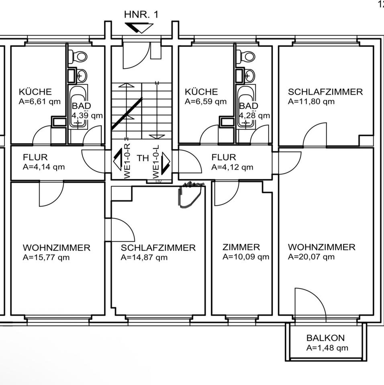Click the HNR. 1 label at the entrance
pos(141,15)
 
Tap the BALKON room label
pos(325,338)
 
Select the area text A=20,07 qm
pos(311,257)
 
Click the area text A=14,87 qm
pos(144,257)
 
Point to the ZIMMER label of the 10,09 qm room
pos(241,247)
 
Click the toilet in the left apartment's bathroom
pos(79,57)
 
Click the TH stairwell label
pos(143,158)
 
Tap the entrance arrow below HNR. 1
pos(139,28)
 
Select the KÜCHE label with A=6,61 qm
pos(35,92)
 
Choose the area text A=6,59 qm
pos(205,101)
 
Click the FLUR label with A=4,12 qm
pos(224,157)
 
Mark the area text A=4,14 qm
pos(44,167)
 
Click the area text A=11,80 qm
pos(311,101)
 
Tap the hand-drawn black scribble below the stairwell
pos(189,195)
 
